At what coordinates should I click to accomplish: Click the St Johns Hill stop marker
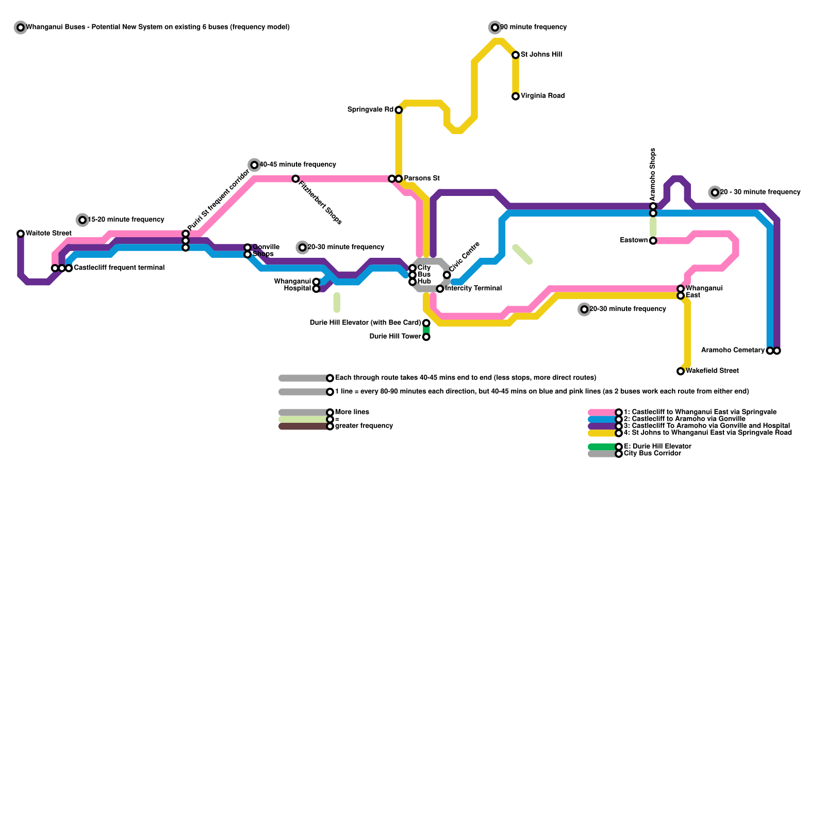coord(516,55)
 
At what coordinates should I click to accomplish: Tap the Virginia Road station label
coord(542,96)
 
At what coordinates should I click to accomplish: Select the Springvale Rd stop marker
coord(399,110)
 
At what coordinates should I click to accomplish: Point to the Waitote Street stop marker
coord(21,234)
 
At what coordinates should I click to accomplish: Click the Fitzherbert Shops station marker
coord(295,179)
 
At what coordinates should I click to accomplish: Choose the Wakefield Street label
coord(712,371)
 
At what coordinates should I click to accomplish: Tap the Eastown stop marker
coord(653,241)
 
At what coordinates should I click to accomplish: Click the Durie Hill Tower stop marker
coord(426,337)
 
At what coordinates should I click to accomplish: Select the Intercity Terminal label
coord(473,288)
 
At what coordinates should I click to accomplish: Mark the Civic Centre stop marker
coord(447,275)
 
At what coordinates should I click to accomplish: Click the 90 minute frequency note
coord(533,27)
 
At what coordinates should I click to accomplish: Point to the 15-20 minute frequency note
coord(126,220)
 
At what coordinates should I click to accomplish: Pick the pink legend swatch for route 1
coord(602,412)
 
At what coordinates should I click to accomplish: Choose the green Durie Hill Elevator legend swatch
coord(602,447)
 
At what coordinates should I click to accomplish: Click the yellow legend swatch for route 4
coord(602,433)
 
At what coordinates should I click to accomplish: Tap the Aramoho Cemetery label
coord(733,351)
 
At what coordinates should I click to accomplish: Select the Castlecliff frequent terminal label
coord(119,268)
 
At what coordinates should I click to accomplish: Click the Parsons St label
coord(421,178)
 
